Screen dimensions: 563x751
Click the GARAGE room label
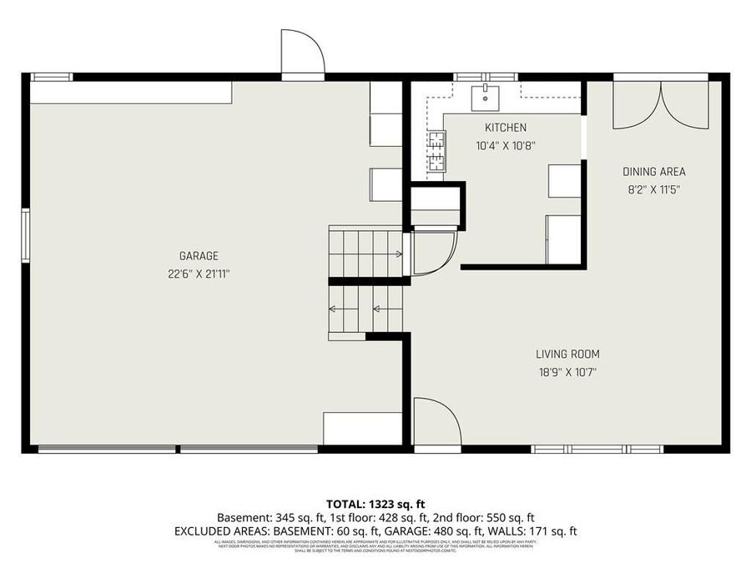tap(199, 256)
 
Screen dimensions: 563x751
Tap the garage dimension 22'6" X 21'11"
tap(199, 273)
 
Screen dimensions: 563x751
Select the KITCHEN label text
tap(506, 128)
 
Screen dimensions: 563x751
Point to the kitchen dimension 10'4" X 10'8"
tap(506, 144)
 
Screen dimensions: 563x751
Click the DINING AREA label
tap(653, 172)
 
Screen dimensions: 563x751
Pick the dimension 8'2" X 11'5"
tap(653, 189)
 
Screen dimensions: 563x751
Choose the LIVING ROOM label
tap(567, 354)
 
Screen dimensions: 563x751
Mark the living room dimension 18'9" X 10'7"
tap(567, 372)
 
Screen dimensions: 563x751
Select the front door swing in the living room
tap(436, 423)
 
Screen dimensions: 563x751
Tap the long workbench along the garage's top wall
tap(130, 93)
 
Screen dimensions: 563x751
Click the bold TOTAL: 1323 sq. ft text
tap(375, 504)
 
